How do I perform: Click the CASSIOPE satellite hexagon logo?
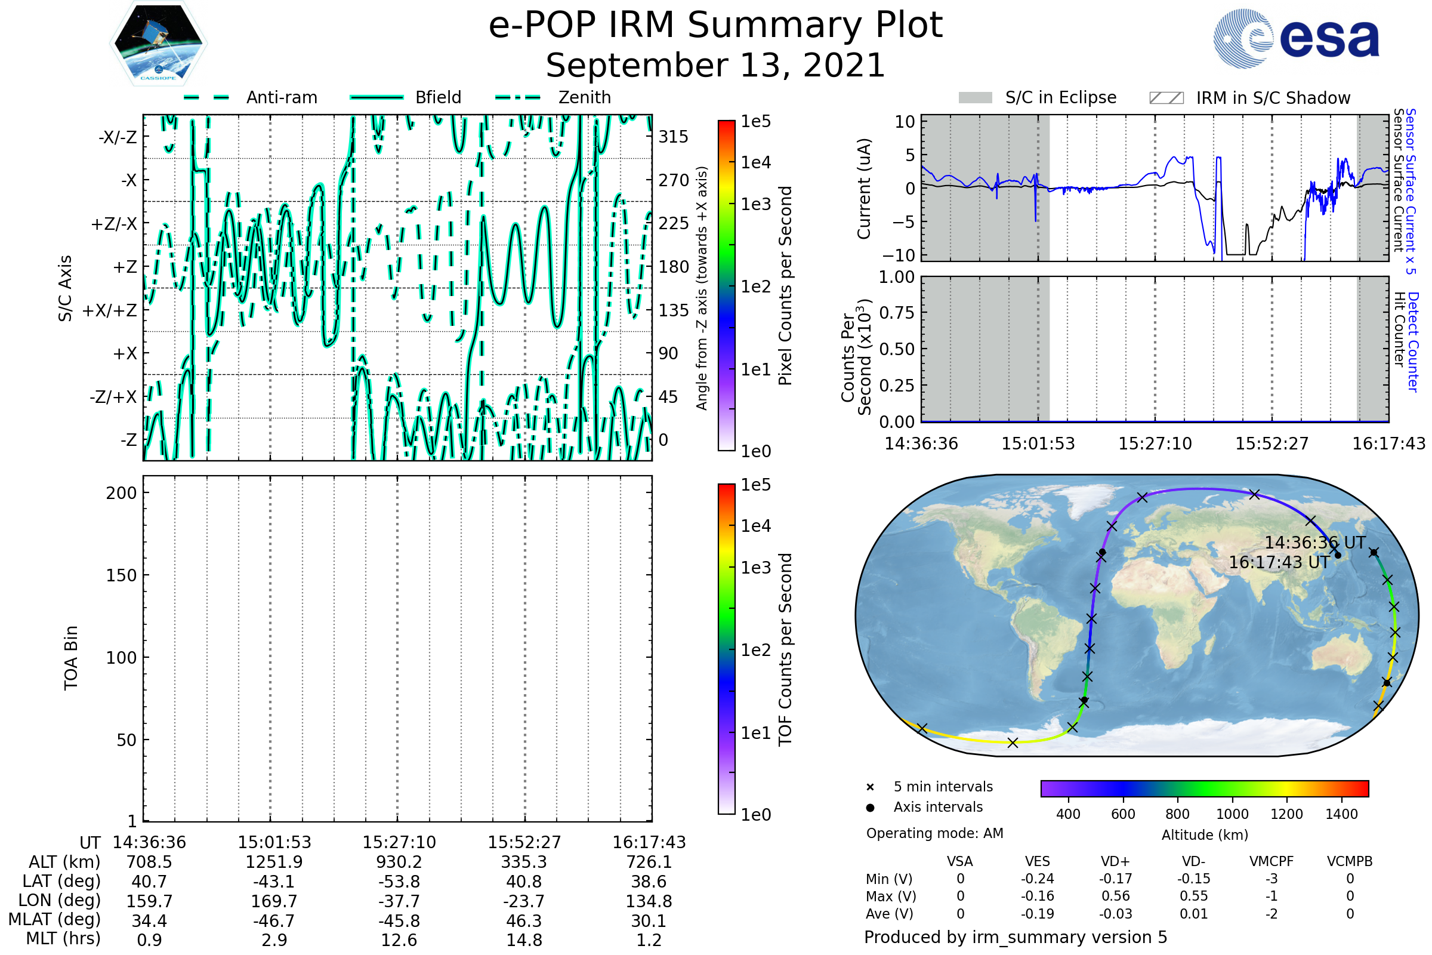coord(158,43)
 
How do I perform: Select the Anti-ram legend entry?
coord(250,97)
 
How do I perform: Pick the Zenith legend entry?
coord(553,97)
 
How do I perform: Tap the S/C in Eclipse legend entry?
coord(1038,97)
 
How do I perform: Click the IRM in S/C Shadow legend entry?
coord(1250,97)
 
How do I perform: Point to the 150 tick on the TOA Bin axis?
coord(121,575)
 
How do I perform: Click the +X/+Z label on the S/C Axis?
coord(110,310)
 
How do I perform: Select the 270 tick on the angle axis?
coord(674,180)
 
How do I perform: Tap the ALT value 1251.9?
coord(274,862)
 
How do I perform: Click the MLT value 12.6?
coord(399,939)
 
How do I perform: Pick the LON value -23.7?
coord(524,901)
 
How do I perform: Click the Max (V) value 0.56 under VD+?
coord(1115,896)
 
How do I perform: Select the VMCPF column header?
coord(1271,861)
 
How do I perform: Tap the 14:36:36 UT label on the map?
coord(1315,543)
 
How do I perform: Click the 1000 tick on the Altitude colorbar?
coord(1232,814)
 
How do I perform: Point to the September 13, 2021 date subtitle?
coord(715,65)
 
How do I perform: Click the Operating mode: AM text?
coord(934,833)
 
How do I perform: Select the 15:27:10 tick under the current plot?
coord(1155,443)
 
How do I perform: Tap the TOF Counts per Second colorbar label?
coord(785,649)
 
